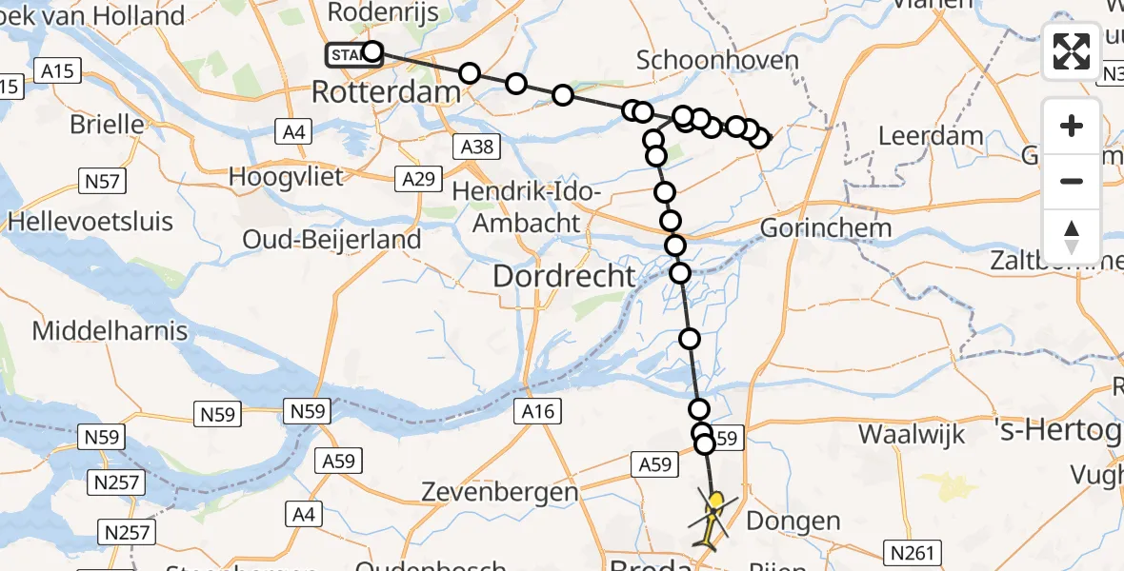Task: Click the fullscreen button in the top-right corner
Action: (x=1072, y=50)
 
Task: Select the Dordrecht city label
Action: (x=564, y=277)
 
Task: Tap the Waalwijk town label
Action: (x=912, y=434)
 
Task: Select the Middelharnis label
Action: (x=110, y=331)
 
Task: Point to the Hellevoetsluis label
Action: (x=90, y=222)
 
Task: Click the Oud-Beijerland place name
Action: (x=332, y=239)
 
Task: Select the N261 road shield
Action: (x=916, y=552)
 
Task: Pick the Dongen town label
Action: (x=793, y=521)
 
